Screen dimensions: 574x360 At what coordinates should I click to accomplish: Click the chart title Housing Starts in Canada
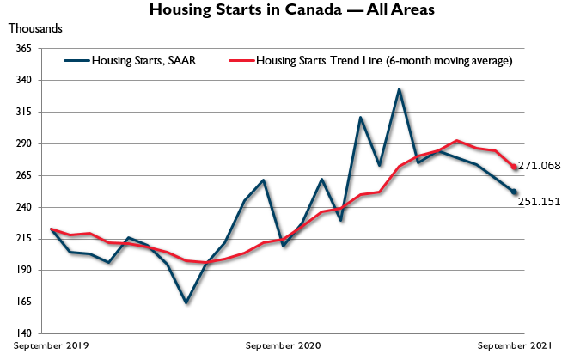coord(292,9)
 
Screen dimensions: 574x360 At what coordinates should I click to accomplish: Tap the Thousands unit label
coord(35,28)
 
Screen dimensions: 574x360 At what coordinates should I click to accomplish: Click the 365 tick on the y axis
coord(23,48)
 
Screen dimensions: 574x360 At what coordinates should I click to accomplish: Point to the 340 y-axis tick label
coord(23,80)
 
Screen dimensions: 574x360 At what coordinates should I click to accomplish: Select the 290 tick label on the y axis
coord(23,143)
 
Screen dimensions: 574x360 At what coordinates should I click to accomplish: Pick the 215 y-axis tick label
coord(23,239)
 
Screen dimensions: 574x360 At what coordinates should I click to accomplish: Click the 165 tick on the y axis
coord(23,302)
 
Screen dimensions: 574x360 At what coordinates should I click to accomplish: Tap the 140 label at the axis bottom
coord(23,333)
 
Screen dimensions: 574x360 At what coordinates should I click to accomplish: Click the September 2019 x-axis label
coord(51,345)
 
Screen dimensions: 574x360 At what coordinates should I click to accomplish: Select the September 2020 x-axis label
coord(283,345)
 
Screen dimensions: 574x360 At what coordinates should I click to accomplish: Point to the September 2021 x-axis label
coord(515,345)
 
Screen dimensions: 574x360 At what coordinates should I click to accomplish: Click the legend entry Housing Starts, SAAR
coord(130,60)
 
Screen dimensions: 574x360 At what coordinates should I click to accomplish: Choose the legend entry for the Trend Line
coord(370,60)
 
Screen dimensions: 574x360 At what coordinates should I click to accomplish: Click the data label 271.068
coord(540,166)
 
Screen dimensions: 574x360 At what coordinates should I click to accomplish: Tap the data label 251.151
coord(540,202)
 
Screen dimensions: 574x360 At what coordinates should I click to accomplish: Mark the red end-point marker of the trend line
coord(514,167)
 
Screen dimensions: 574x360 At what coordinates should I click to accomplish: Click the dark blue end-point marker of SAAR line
coord(514,192)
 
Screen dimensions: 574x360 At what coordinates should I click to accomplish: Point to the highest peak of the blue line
coord(399,88)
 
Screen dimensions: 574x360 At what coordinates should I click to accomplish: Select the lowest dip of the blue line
coord(186,302)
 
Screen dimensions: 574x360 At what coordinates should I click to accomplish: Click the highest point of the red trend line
coord(457,141)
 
